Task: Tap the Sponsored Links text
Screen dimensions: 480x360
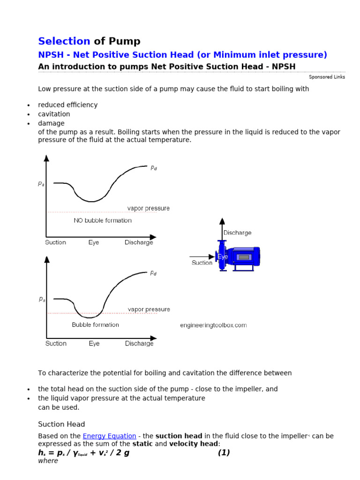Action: click(x=327, y=77)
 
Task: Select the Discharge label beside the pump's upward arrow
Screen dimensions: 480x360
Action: click(x=237, y=232)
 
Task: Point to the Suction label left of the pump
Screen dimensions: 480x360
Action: click(x=202, y=263)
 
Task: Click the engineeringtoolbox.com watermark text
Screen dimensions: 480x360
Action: click(x=213, y=325)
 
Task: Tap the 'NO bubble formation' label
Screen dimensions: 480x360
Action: click(x=103, y=220)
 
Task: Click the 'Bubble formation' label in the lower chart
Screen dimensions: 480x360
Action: click(x=95, y=325)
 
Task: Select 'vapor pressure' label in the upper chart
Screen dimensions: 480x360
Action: click(x=149, y=208)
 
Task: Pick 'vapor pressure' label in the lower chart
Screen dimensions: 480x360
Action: click(x=149, y=309)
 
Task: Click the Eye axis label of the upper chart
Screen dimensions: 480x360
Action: click(x=94, y=242)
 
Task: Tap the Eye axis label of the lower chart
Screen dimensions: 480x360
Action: click(x=94, y=344)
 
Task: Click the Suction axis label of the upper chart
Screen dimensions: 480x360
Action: click(x=55, y=242)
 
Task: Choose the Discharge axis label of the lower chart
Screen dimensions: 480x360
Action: click(x=139, y=344)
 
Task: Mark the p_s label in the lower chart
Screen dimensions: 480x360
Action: click(x=42, y=299)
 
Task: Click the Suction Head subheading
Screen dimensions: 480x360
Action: click(x=61, y=424)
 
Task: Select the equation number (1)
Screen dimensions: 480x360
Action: click(x=224, y=453)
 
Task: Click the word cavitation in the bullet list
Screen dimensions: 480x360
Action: click(x=54, y=114)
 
